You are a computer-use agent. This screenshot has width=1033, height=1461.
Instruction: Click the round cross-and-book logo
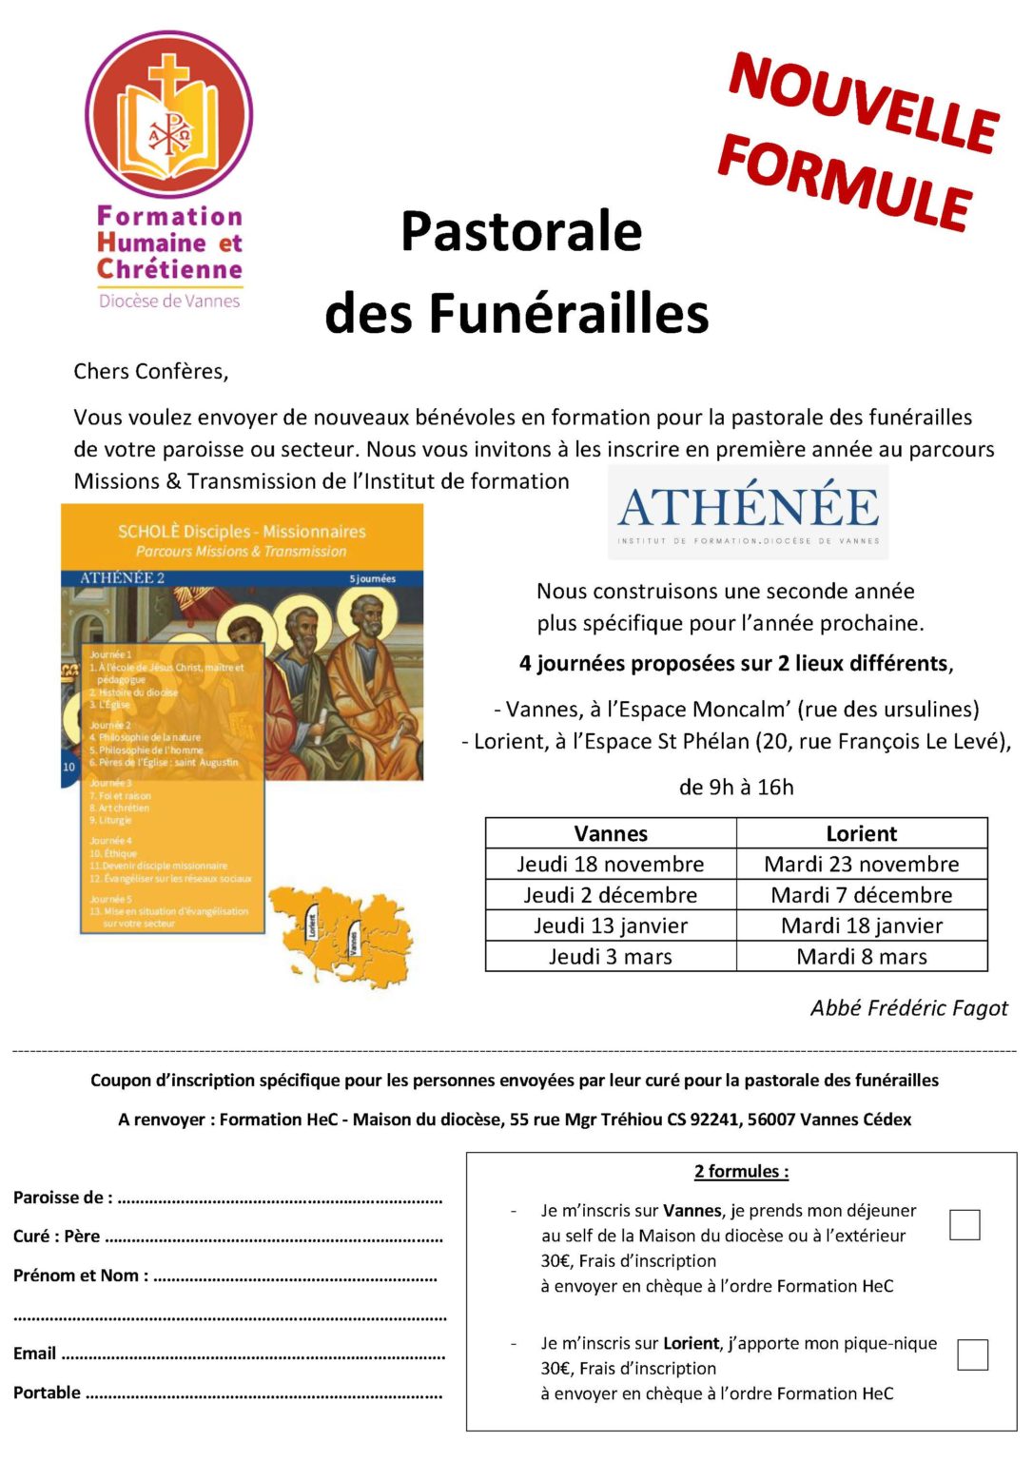169,115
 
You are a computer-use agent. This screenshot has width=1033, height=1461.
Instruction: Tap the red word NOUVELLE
863,103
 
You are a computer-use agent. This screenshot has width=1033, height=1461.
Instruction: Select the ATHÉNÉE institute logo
749,512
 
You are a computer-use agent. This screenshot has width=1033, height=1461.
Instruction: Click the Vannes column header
611,833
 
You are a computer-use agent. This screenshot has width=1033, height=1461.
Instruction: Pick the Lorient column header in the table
861,833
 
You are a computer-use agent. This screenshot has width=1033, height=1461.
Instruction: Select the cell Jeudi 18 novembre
611,864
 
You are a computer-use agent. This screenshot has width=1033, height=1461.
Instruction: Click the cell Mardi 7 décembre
861,895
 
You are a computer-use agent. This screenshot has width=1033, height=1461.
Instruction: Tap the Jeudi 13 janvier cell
611,925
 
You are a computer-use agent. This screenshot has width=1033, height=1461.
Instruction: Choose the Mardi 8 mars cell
861,957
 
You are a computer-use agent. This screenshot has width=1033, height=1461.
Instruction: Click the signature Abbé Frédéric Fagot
908,1008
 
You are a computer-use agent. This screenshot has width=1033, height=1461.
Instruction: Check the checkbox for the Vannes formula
965,1224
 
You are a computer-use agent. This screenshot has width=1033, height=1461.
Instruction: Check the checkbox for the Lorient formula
972,1354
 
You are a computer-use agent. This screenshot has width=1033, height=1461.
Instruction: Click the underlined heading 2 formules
741,1172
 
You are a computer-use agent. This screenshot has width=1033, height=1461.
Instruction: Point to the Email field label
35,1354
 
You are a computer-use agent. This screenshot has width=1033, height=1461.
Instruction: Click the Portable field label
48,1393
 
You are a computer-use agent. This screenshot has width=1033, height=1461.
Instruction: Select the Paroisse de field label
63,1198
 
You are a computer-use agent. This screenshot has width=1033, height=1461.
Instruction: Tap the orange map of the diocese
341,933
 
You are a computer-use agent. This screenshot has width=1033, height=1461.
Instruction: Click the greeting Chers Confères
151,371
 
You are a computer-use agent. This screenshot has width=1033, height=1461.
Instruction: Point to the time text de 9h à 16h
736,788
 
